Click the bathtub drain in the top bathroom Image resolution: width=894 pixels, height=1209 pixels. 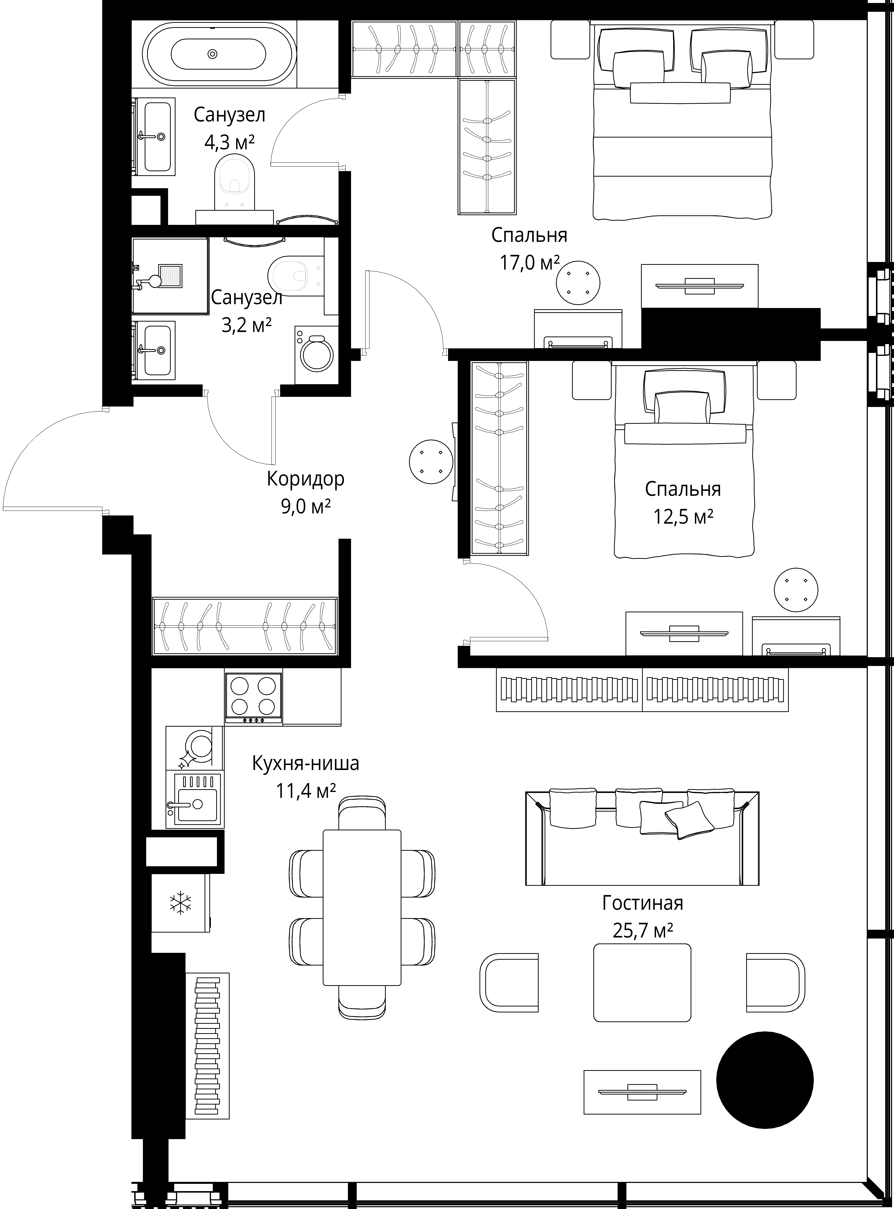coord(213,54)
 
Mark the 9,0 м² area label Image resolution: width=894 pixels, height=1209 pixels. coord(306,507)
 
